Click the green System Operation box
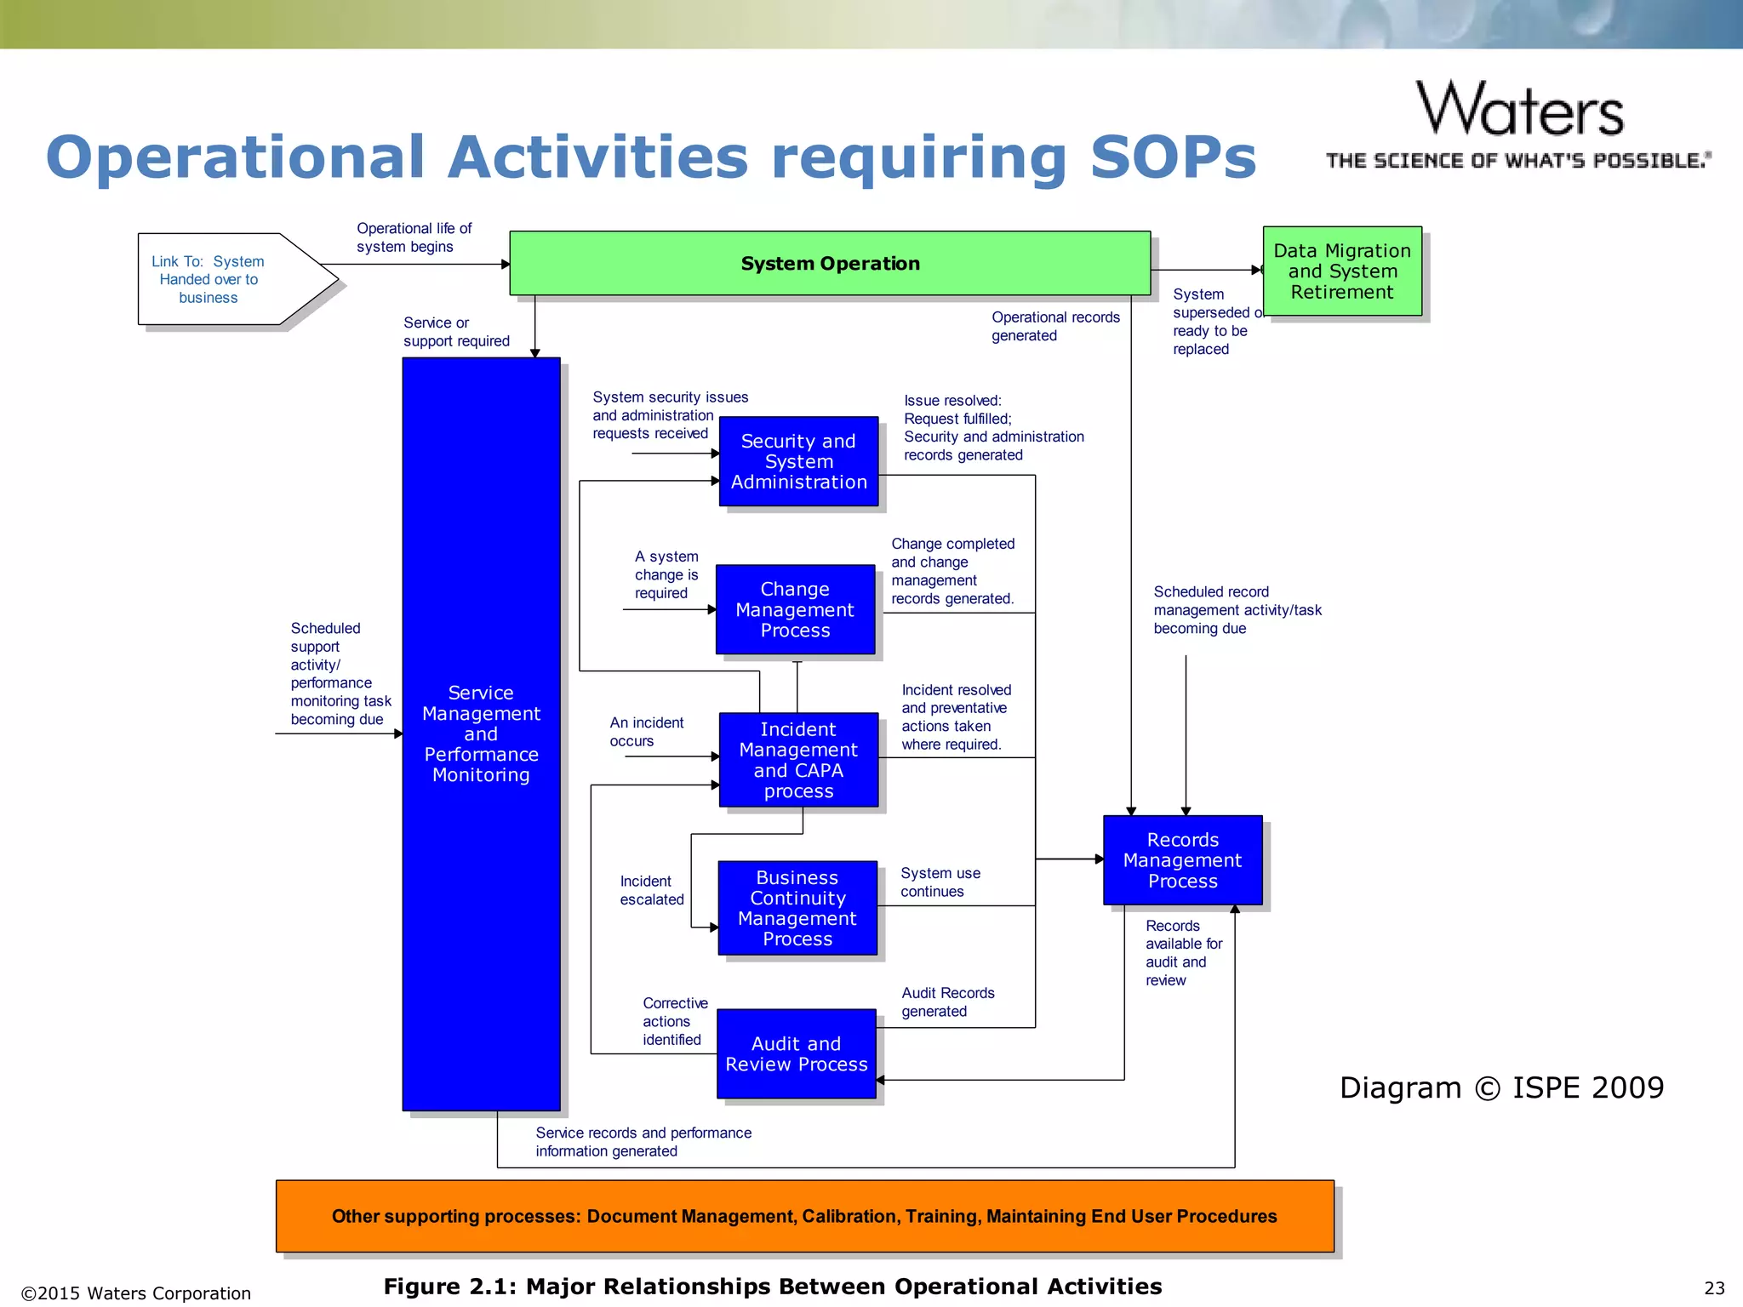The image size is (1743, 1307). (x=830, y=264)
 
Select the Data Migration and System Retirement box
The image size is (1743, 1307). (x=1342, y=271)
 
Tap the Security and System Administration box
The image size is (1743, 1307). (x=798, y=461)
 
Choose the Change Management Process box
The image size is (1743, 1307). (x=795, y=609)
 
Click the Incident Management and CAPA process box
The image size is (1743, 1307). (x=798, y=760)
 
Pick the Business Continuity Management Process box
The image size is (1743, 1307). (x=797, y=908)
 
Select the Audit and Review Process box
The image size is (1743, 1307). (x=797, y=1053)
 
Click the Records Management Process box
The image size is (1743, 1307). (x=1182, y=860)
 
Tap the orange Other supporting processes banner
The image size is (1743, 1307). (x=804, y=1216)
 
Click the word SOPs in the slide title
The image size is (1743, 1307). (x=1173, y=157)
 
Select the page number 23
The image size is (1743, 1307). (x=1714, y=1287)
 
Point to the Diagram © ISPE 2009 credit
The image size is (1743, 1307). (x=1501, y=1087)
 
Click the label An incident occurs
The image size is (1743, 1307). (x=646, y=732)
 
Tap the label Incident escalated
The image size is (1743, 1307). (x=651, y=890)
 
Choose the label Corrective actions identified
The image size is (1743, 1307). (x=674, y=1021)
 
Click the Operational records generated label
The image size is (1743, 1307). (x=1054, y=326)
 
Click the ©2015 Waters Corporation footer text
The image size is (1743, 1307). (x=136, y=1293)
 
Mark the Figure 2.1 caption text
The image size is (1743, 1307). (x=772, y=1287)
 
